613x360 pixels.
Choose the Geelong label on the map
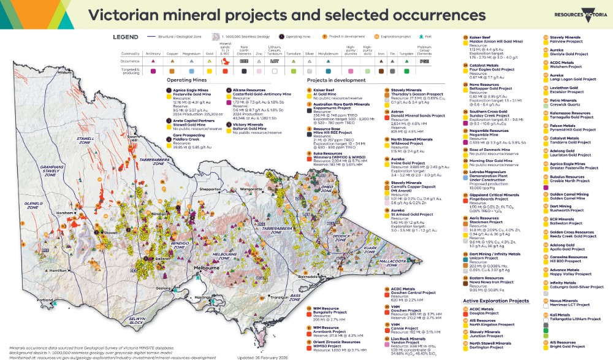pyautogui.click(x=164, y=287)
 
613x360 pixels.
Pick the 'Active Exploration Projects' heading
pyautogui.click(x=496, y=301)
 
